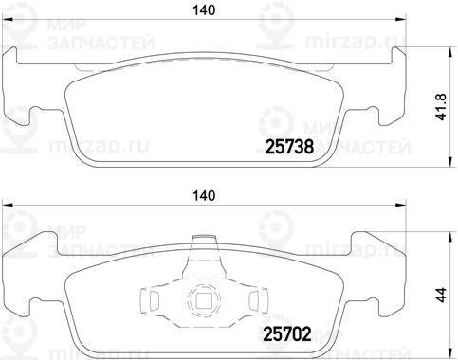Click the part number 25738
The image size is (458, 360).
(x=290, y=147)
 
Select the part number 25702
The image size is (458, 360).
(x=287, y=334)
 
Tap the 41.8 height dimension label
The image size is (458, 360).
(x=441, y=107)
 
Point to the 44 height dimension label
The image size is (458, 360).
(x=441, y=295)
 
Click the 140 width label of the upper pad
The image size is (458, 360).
(x=204, y=10)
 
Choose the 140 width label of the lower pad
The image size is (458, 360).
(x=204, y=196)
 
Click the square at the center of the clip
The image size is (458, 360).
(x=204, y=299)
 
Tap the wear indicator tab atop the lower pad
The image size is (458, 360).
(x=204, y=239)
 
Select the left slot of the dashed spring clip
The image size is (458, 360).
(x=154, y=299)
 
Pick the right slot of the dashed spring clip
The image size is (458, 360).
(x=254, y=299)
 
